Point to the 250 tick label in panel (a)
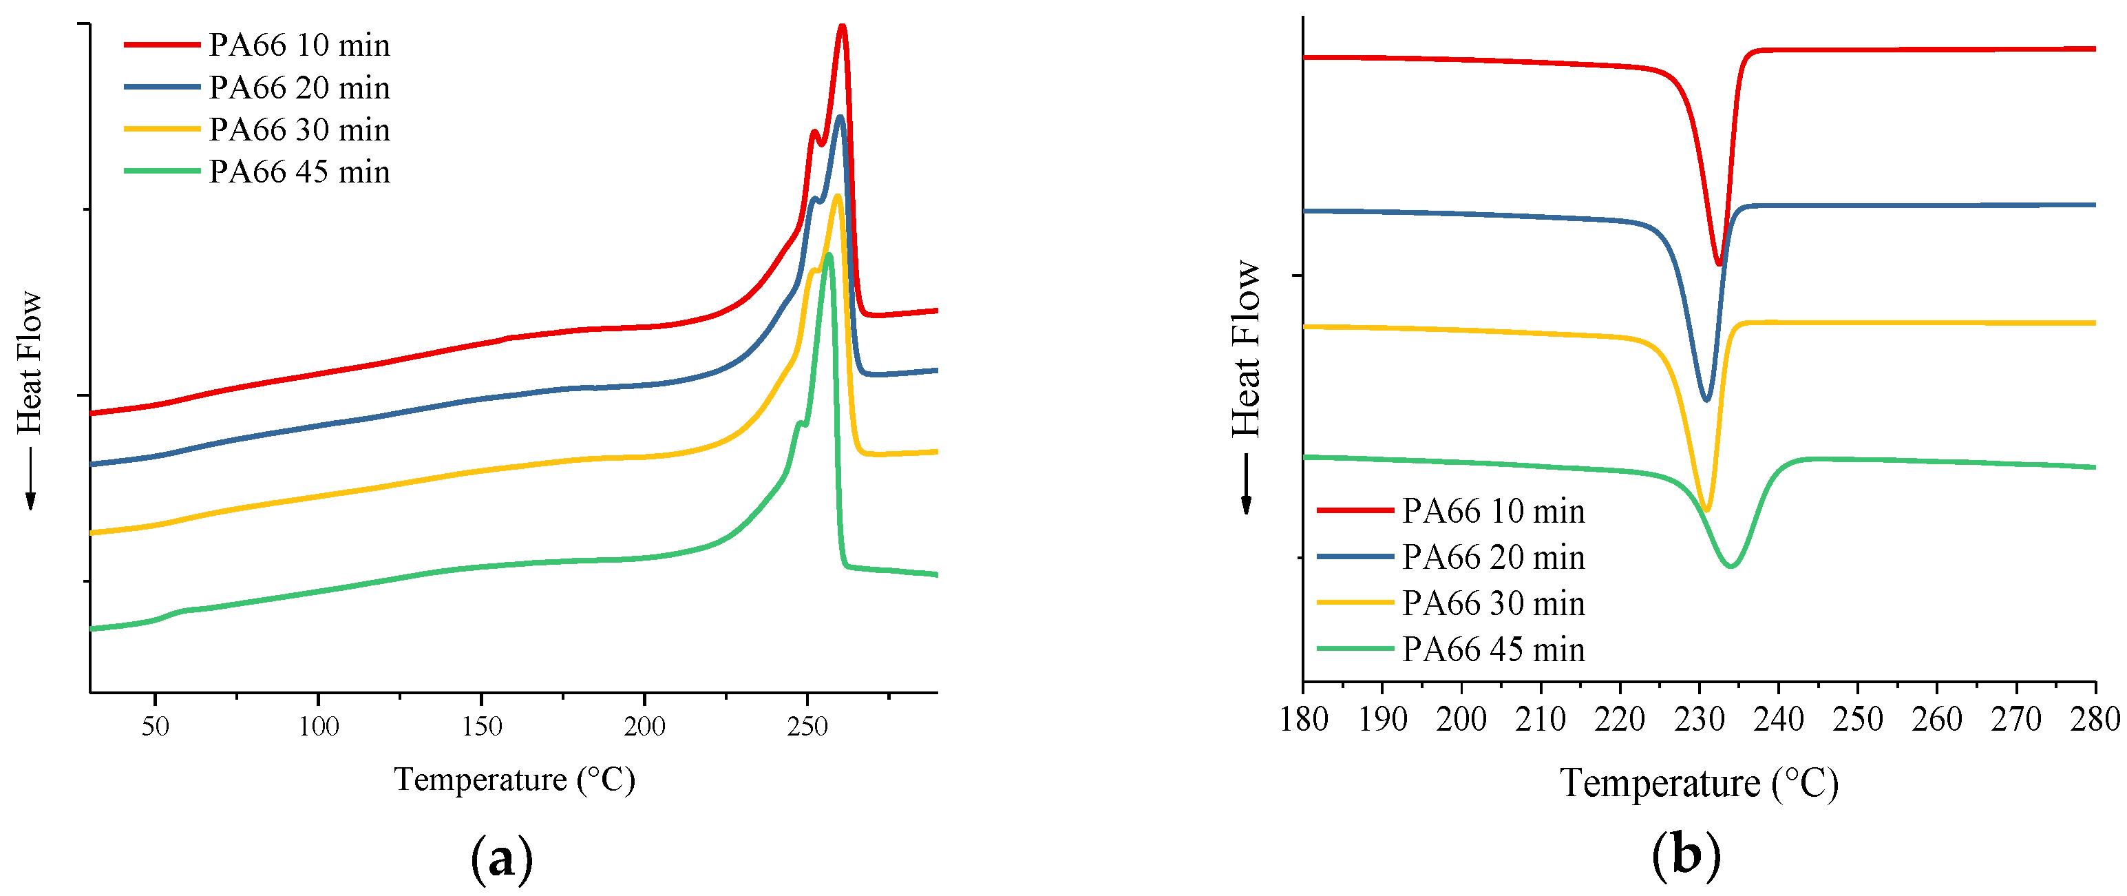click(x=807, y=727)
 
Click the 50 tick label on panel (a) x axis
click(x=156, y=727)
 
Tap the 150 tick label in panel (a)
click(x=481, y=727)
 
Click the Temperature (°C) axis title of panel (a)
click(x=514, y=780)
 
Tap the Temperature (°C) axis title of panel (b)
click(x=1700, y=784)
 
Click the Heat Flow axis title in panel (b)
click(x=1246, y=348)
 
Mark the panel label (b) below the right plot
click(x=1687, y=855)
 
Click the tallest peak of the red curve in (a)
click(x=843, y=28)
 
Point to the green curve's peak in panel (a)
click(x=828, y=256)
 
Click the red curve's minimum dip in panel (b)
click(x=1719, y=264)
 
